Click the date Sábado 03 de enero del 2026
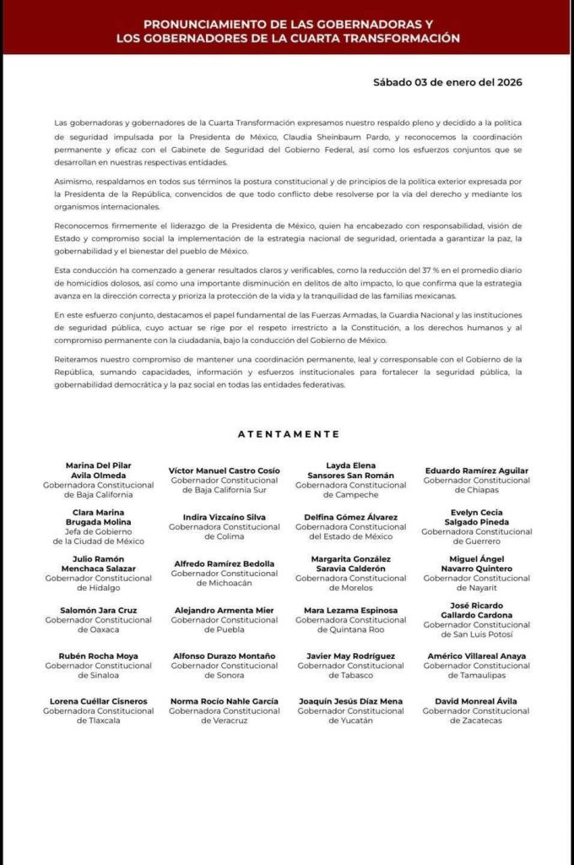(447, 82)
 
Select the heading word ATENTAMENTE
(289, 434)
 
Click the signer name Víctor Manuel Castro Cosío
(225, 471)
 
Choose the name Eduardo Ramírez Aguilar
(476, 471)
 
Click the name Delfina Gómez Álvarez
(350, 517)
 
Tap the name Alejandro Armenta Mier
(225, 610)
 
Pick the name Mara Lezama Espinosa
(350, 610)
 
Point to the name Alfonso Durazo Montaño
(225, 656)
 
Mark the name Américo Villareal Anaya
(476, 656)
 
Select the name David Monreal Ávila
(476, 701)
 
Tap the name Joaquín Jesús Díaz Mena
(350, 701)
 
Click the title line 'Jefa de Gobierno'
(99, 531)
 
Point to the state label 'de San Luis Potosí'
(476, 634)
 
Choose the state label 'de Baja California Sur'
(225, 490)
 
